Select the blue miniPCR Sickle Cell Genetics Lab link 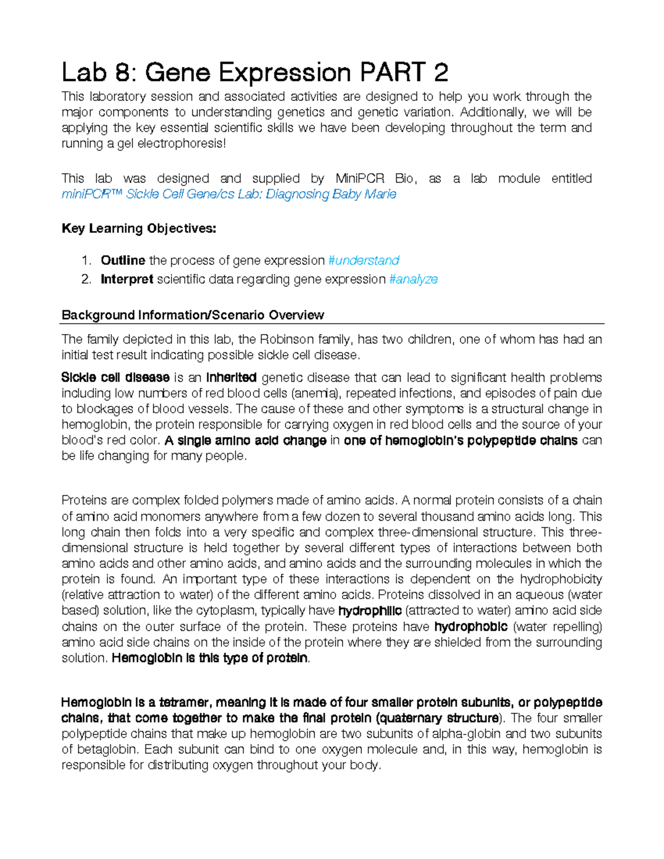click(229, 194)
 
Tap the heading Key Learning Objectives click(139, 228)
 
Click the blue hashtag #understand click(364, 261)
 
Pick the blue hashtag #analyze click(413, 279)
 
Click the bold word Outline click(123, 261)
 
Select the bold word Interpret click(127, 279)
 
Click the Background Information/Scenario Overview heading click(193, 315)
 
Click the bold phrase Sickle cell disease click(115, 378)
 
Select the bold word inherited click(231, 378)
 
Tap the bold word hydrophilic click(370, 611)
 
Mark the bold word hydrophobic click(471, 627)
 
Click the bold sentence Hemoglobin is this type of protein click(210, 658)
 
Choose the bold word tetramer click(185, 702)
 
